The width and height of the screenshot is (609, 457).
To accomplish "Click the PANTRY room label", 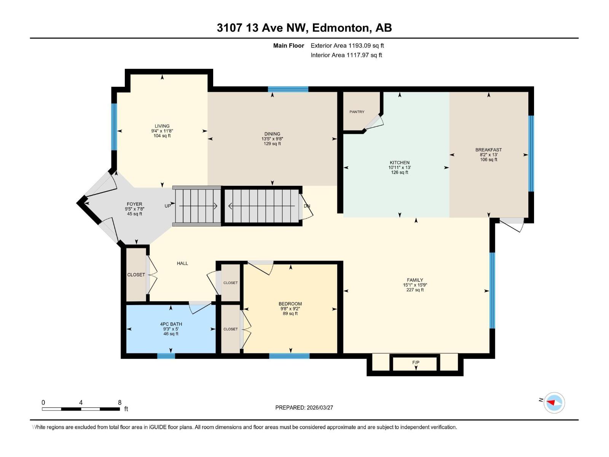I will coord(357,112).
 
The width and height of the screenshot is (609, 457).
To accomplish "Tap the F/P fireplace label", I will coord(416,363).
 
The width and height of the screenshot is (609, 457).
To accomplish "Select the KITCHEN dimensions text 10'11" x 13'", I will coord(399,168).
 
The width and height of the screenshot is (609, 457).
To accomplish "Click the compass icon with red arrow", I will coord(554,403).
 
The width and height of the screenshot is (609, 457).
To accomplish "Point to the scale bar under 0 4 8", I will coord(81,409).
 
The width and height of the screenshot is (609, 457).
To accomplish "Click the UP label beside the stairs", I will coord(168,206).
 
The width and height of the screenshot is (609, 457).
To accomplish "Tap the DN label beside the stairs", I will coord(307,206).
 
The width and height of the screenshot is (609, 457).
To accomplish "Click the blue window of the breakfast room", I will coord(531,153).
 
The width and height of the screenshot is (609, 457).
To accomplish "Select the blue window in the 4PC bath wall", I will coord(166,356).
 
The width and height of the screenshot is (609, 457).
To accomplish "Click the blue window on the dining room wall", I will coord(288,89).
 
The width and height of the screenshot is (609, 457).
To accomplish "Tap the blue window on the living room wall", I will coord(114,127).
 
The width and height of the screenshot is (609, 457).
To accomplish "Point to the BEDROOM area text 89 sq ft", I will coord(290,314).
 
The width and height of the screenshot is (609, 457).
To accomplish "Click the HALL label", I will coord(182,264).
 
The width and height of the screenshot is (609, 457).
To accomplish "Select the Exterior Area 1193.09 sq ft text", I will coord(347,46).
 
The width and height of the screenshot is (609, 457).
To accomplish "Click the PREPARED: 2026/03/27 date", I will coord(304,407).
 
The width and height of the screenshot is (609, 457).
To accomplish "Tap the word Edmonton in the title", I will coord(340,28).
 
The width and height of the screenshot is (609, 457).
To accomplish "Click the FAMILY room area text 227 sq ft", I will coord(415,290).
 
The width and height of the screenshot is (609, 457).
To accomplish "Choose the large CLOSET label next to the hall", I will coord(136,275).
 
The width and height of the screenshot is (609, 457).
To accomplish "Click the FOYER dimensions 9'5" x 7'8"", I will coord(134,209).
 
